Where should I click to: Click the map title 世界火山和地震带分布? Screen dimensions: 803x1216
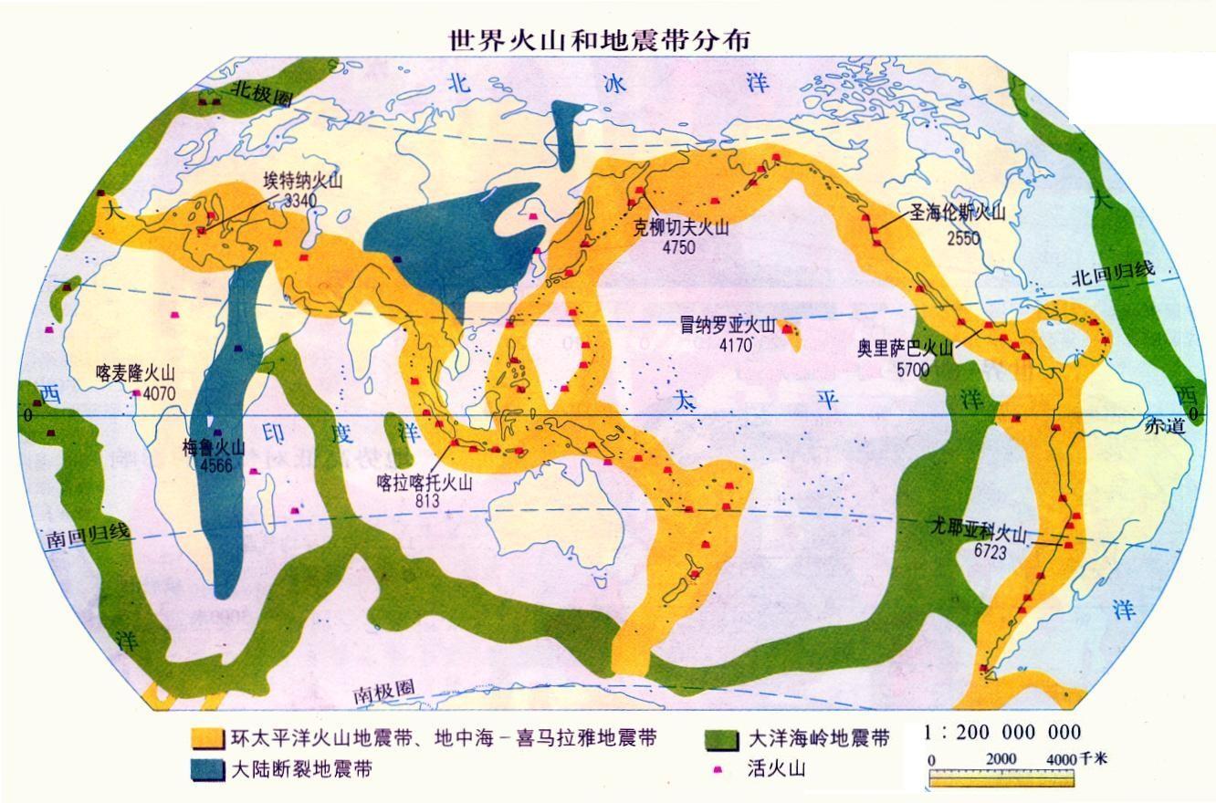click(600, 39)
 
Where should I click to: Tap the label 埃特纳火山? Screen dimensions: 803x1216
click(302, 181)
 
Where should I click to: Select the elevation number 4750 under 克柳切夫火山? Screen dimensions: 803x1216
click(676, 246)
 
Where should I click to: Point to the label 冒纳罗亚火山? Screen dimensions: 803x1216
click(727, 326)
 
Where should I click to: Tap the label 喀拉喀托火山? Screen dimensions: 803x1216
click(425, 484)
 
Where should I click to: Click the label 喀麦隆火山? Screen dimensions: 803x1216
click(135, 374)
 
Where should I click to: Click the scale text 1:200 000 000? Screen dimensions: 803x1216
click(1002, 732)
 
